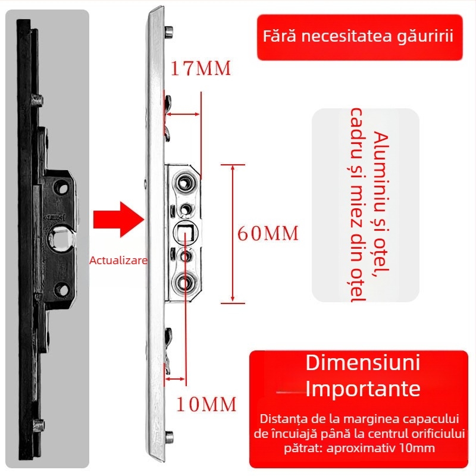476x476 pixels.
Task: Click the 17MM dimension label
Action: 201,69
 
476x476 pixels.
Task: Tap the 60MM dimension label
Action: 268,233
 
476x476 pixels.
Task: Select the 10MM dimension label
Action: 206,405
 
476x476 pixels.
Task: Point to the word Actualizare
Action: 118,260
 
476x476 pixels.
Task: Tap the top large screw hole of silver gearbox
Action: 186,180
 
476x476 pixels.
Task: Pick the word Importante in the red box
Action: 363,389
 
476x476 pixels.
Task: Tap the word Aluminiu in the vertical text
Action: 380,161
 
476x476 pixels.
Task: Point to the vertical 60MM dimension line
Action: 233,233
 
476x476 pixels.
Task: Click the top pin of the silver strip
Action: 170,30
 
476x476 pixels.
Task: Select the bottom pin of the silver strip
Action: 171,436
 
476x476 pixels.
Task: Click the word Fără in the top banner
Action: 280,36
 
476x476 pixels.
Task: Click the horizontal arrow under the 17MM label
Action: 183,114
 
